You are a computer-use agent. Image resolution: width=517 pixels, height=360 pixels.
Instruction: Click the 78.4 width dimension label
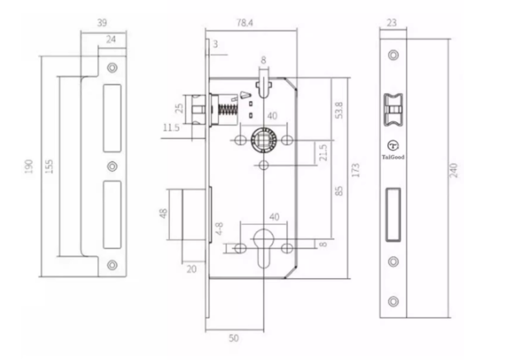click(245, 23)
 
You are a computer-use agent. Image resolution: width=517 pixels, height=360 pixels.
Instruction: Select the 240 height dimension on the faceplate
click(454, 170)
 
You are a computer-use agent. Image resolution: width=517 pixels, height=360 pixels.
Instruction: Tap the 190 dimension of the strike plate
click(29, 167)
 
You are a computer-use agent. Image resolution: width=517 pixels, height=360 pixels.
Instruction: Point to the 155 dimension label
click(49, 167)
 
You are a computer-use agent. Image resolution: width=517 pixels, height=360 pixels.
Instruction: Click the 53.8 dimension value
click(339, 110)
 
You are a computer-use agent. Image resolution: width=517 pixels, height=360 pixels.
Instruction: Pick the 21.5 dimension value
click(323, 153)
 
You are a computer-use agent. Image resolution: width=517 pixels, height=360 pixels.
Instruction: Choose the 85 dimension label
click(339, 191)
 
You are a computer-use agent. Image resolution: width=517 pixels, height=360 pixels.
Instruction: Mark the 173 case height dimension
click(355, 170)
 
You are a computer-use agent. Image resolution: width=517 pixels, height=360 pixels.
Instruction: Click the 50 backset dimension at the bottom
click(233, 338)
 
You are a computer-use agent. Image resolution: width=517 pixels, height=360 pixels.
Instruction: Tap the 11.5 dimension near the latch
click(171, 127)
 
